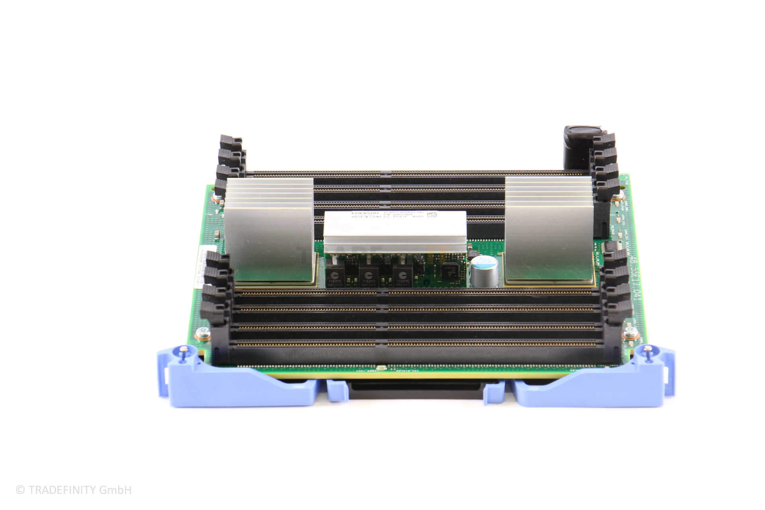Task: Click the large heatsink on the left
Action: click(269, 231)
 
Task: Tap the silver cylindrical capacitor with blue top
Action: click(484, 271)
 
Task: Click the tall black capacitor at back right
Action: click(578, 147)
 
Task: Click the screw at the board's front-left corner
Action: click(204, 332)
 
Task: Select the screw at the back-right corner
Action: click(618, 196)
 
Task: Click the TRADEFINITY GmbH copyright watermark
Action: click(74, 490)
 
